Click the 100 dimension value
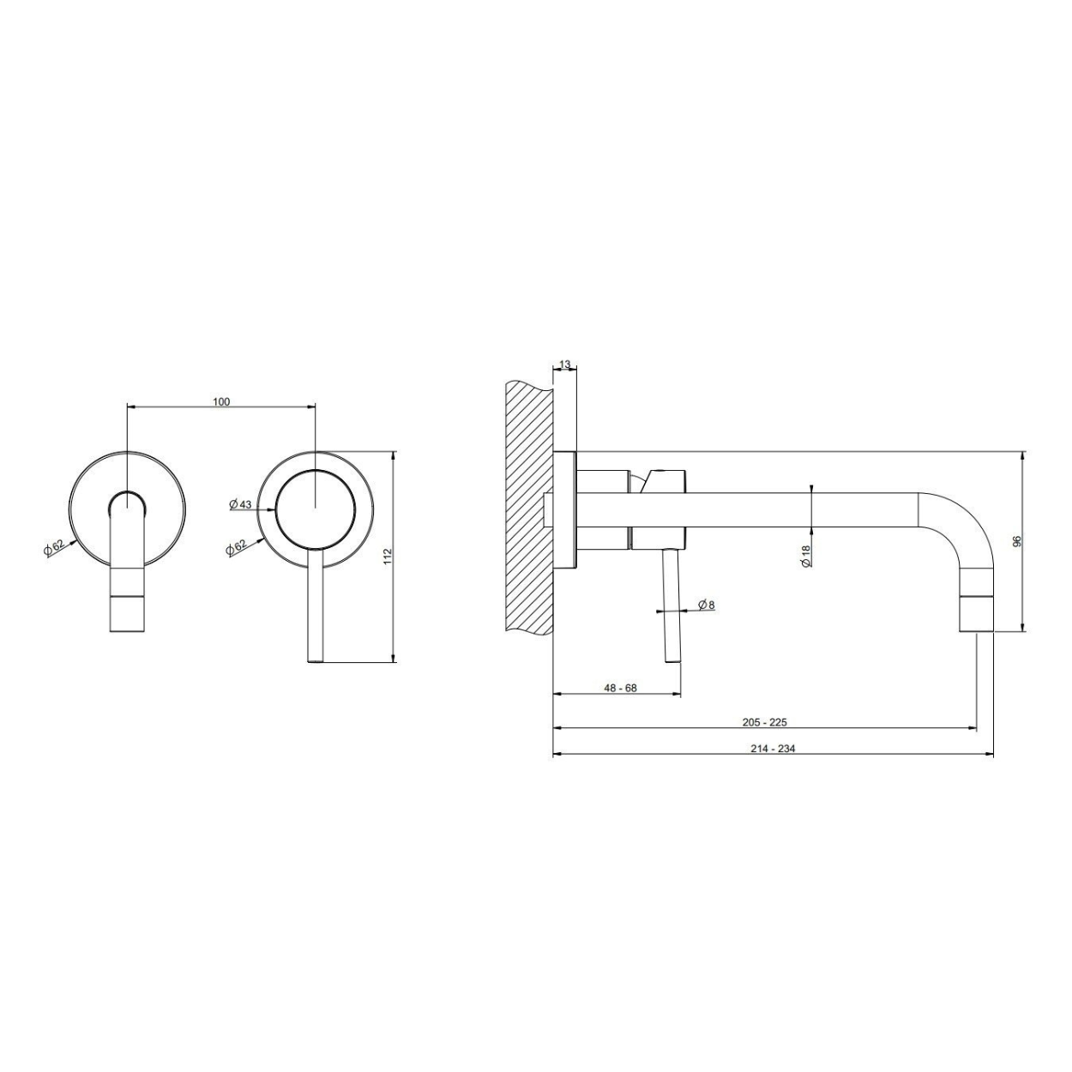pos(221,402)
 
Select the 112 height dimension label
pos(388,557)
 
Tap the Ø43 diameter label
pos(240,504)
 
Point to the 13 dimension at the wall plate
pos(564,365)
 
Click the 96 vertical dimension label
pos(1016,541)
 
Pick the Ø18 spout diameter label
pos(806,556)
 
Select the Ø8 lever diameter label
pos(706,604)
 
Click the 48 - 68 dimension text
pos(620,688)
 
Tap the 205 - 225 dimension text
pos(765,723)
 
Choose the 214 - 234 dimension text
pos(773,749)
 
